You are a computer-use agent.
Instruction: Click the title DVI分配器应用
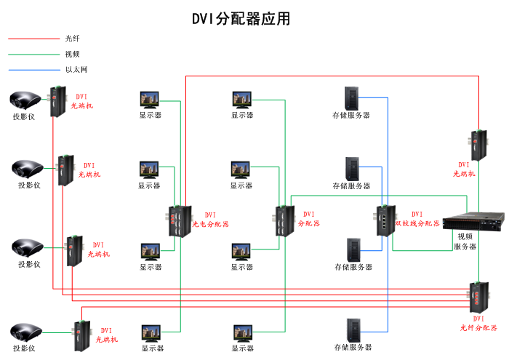coord(241,19)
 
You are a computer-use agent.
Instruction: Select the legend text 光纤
coord(72,39)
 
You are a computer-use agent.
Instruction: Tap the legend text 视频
coord(72,54)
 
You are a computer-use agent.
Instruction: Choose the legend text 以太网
coord(76,70)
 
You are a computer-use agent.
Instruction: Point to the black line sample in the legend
coord(33,39)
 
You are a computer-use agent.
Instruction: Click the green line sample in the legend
coord(33,54)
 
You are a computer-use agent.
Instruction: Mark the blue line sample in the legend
coord(33,70)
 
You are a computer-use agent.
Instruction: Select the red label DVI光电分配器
coord(210,220)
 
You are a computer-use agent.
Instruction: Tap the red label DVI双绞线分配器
coord(417,219)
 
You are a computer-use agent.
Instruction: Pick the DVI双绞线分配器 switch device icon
coord(384,220)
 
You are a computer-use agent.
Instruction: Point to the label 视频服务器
coord(465,241)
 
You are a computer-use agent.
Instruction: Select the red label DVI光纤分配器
coord(478,324)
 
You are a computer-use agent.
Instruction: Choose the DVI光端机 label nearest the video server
coord(464,169)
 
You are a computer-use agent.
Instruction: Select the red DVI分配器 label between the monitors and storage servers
coord(308,219)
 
